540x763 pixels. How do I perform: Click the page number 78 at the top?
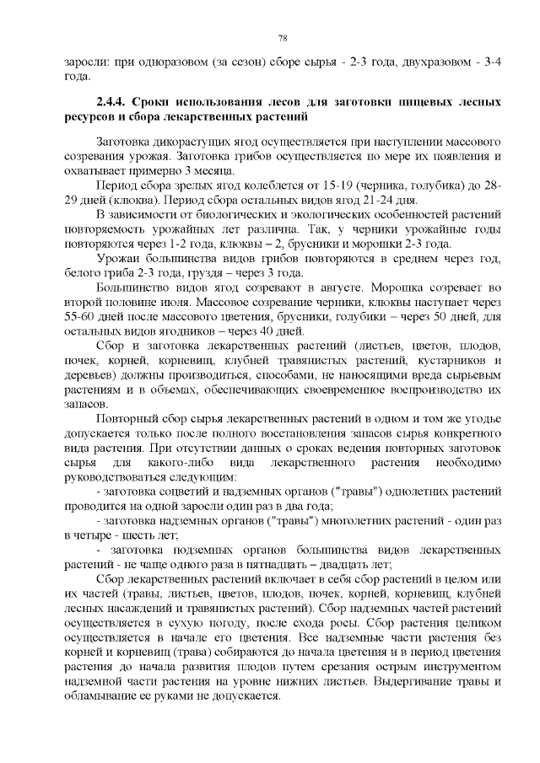283,38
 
